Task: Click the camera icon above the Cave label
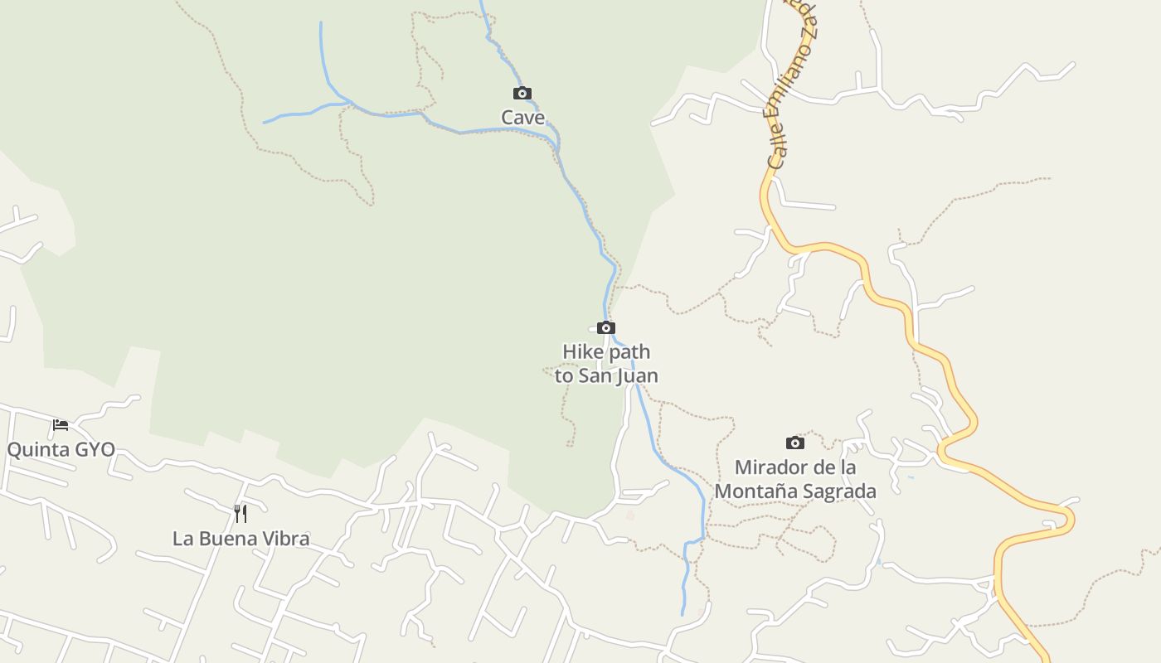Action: [522, 93]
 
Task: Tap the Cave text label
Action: [522, 118]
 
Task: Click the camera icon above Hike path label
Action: [606, 327]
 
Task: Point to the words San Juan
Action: [618, 375]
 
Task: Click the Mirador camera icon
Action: [794, 443]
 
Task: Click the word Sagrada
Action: [840, 491]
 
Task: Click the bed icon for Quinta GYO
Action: [61, 425]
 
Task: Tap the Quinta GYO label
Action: [61, 451]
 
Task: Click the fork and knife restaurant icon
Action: [240, 514]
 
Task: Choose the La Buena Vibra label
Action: [240, 539]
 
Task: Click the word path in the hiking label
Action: [629, 351]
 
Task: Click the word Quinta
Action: [36, 451]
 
